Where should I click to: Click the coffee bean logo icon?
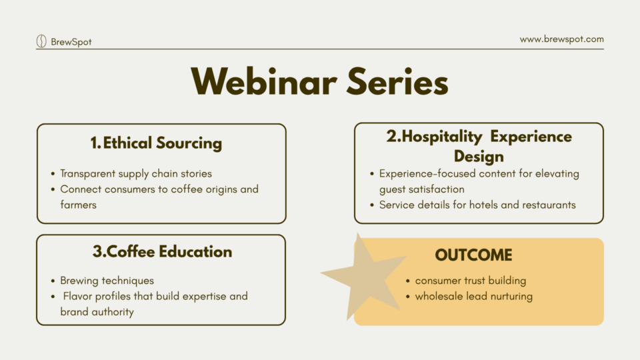pos(41,41)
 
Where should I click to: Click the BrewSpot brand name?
pos(71,41)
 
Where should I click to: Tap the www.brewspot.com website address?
pos(561,39)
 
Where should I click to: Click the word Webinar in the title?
pos(264,81)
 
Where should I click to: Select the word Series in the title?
pos(397,81)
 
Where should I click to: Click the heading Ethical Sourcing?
pos(163,143)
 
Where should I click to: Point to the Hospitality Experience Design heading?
pos(479,146)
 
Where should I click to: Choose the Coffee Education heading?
pos(169,251)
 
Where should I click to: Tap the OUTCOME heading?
pos(473,255)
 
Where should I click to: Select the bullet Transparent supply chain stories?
pos(136,173)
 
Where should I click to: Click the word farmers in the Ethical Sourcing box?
pos(79,205)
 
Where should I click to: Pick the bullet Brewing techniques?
pos(107,281)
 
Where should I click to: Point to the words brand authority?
pos(97,312)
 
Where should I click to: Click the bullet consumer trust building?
pos(471,281)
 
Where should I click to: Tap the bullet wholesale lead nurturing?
pos(474,296)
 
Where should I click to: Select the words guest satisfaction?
pos(421,189)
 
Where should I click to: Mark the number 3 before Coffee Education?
pos(97,251)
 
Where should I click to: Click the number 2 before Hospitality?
pos(391,136)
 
